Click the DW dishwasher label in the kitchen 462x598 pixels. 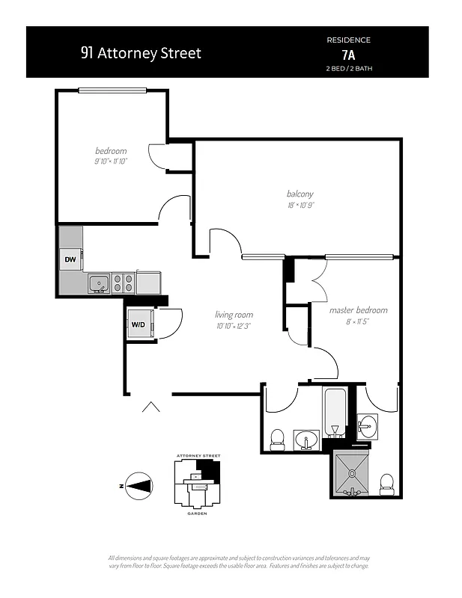pyautogui.click(x=70, y=259)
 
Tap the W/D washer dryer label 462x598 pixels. pyautogui.click(x=139, y=324)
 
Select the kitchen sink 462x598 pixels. pyautogui.click(x=98, y=283)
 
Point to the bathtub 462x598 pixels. pyautogui.click(x=333, y=412)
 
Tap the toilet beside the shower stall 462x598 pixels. pyautogui.click(x=387, y=483)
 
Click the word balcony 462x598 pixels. pyautogui.click(x=300, y=194)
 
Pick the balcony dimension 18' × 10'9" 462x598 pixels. pyautogui.click(x=300, y=206)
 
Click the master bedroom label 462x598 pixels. pyautogui.click(x=359, y=310)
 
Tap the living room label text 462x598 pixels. pyautogui.click(x=234, y=315)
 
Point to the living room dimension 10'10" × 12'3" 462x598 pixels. pyautogui.click(x=234, y=326)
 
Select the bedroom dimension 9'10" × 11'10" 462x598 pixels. pyautogui.click(x=111, y=161)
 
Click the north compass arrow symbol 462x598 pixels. pyautogui.click(x=137, y=486)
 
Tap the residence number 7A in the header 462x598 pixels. pyautogui.click(x=349, y=54)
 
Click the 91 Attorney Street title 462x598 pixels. pyautogui.click(x=141, y=54)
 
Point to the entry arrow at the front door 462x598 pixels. pyautogui.click(x=151, y=407)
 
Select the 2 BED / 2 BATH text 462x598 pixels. pyautogui.click(x=349, y=69)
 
